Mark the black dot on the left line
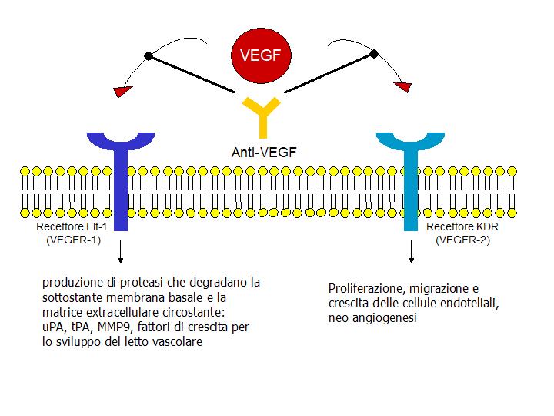pyautogui.click(x=149, y=55)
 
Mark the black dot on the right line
pyautogui.click(x=375, y=53)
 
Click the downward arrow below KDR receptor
pyautogui.click(x=412, y=253)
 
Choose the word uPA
pyautogui.click(x=53, y=328)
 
